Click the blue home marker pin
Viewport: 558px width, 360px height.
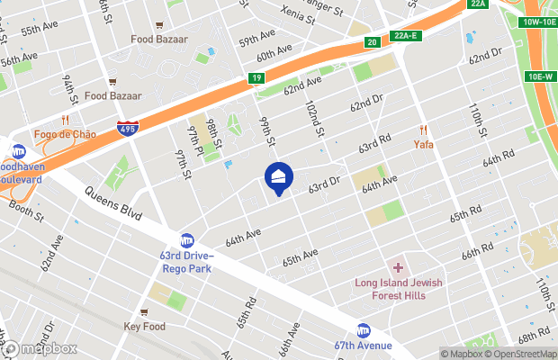coord(278,177)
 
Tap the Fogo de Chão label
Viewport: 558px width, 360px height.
coord(66,134)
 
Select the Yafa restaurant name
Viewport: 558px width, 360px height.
coord(424,143)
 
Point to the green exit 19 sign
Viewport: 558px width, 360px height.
coord(256,79)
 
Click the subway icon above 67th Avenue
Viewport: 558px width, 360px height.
coord(364,330)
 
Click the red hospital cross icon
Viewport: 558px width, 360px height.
coord(398,268)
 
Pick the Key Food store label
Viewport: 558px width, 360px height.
coord(145,327)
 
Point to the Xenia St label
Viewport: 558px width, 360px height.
coord(287,13)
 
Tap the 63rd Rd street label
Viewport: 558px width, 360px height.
coord(374,142)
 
